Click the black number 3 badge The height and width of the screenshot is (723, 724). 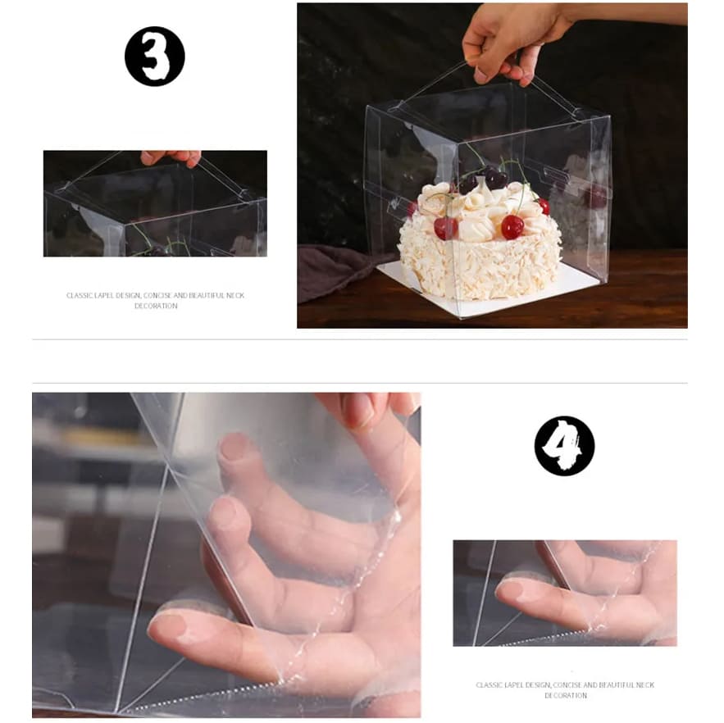pos(155,57)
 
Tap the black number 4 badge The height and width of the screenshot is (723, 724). pos(564,446)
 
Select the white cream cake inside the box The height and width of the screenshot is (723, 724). pos(480,240)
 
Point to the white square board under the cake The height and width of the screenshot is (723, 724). pos(489,291)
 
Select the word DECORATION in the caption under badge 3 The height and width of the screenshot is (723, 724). pos(156,306)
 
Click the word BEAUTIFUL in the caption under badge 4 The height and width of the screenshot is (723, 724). pos(617,685)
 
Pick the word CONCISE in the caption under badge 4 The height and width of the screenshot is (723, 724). pos(566,685)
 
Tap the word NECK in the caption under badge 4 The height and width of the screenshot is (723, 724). pos(646,685)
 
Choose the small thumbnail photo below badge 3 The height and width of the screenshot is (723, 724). pos(155,203)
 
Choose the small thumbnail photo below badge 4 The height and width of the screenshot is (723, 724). pos(565,593)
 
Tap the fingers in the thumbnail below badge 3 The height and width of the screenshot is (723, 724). pos(171,157)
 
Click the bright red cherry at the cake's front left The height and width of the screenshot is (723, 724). pos(444,228)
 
